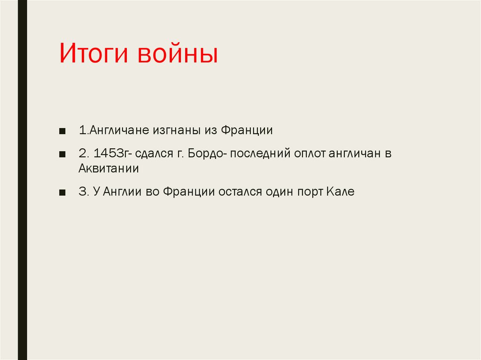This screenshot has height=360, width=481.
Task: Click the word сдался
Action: coord(154,153)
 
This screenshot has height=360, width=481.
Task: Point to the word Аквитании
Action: coord(109,169)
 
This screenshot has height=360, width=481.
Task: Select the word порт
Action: coord(306,192)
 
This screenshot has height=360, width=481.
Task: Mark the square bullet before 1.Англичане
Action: coord(62,130)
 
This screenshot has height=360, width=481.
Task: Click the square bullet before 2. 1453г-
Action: coord(62,154)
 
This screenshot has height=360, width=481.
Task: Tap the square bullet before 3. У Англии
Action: coord(62,192)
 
